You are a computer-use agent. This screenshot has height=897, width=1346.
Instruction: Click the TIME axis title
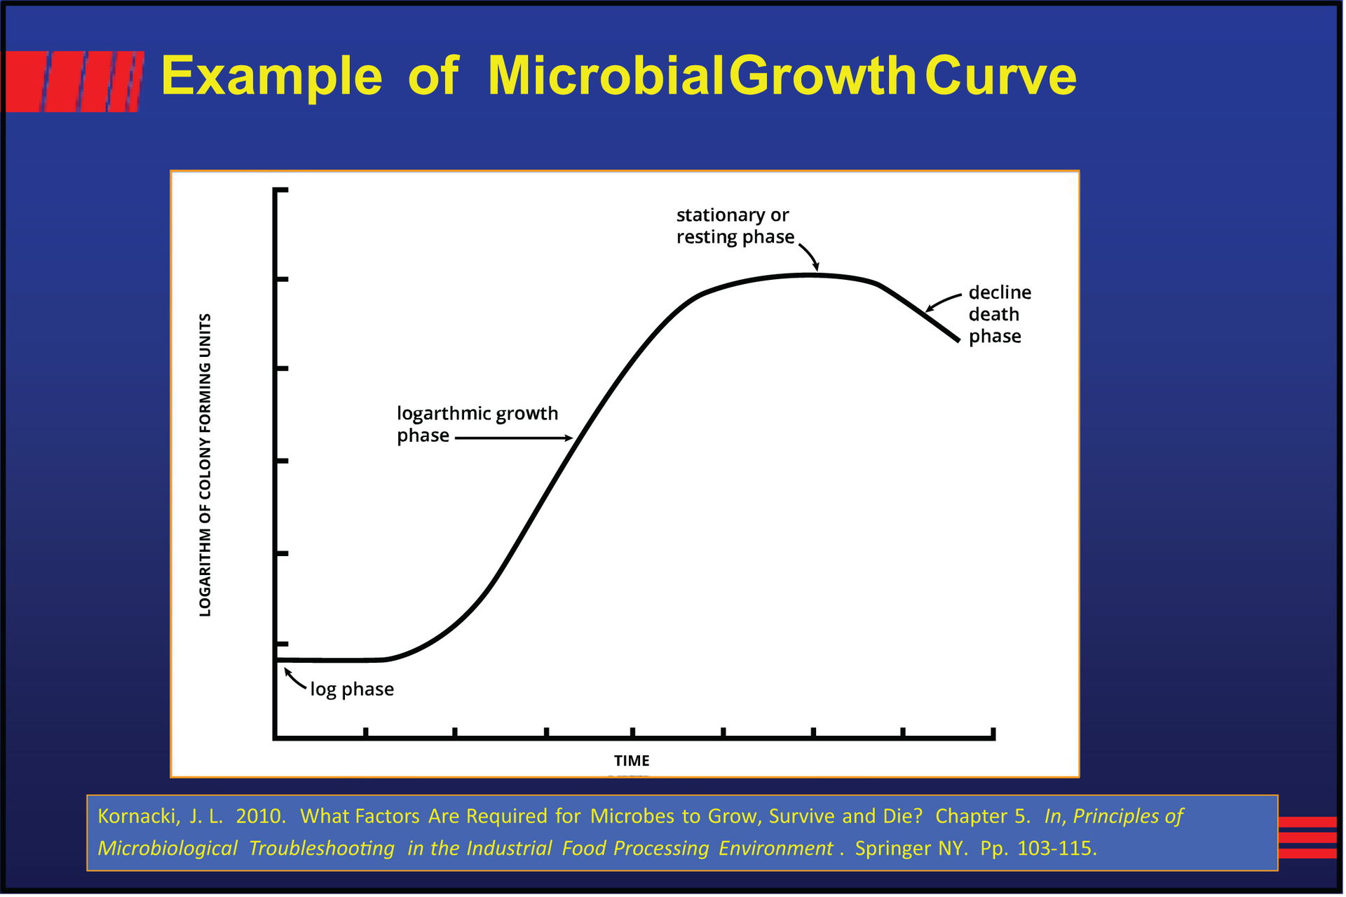(x=632, y=761)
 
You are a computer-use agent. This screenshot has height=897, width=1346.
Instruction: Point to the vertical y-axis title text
(x=205, y=465)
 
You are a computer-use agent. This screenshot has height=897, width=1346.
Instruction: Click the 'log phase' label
(x=352, y=689)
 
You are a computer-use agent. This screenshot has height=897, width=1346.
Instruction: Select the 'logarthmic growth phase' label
(x=477, y=424)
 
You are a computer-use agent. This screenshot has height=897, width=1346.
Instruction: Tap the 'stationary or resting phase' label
(x=735, y=226)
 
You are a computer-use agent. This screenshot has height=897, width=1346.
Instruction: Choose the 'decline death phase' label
(x=999, y=314)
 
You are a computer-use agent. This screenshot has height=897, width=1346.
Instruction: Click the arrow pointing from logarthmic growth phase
(x=514, y=438)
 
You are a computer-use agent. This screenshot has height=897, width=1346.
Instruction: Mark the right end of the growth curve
(x=957, y=340)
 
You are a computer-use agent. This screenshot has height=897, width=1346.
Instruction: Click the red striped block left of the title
(x=74, y=81)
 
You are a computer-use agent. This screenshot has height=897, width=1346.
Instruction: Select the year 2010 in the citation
(x=260, y=816)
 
